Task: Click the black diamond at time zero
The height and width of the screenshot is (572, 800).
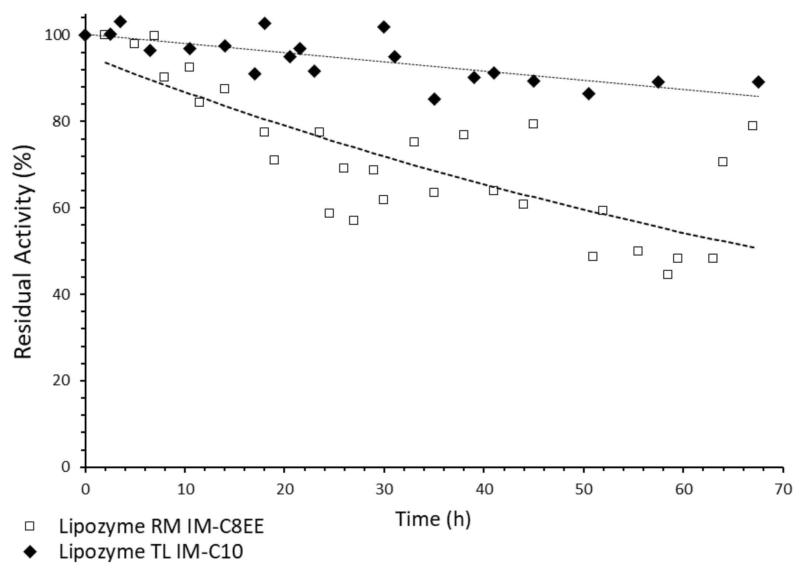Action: [85, 35]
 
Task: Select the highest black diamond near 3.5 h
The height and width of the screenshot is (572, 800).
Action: [120, 22]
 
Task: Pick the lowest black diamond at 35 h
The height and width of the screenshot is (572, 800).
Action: [434, 99]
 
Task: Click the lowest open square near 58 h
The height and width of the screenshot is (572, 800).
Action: [667, 274]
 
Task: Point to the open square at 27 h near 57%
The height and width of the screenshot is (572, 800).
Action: [353, 220]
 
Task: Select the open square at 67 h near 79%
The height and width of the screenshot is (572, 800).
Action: [753, 126]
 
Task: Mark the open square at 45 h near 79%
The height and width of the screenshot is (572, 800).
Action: [533, 124]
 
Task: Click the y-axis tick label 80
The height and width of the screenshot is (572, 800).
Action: [61, 122]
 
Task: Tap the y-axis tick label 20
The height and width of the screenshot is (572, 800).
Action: [61, 381]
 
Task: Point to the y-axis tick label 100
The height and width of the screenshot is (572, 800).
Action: [57, 35]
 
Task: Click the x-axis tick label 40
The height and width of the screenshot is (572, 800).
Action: [484, 490]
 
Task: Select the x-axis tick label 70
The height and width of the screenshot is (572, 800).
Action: [783, 490]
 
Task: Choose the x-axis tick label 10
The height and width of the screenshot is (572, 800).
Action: [185, 490]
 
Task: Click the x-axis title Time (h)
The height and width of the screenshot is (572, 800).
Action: [433, 519]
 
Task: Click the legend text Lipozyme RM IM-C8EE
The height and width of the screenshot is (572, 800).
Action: [161, 527]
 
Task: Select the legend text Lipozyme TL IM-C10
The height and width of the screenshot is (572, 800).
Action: [151, 552]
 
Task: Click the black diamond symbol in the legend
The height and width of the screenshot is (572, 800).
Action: [29, 552]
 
